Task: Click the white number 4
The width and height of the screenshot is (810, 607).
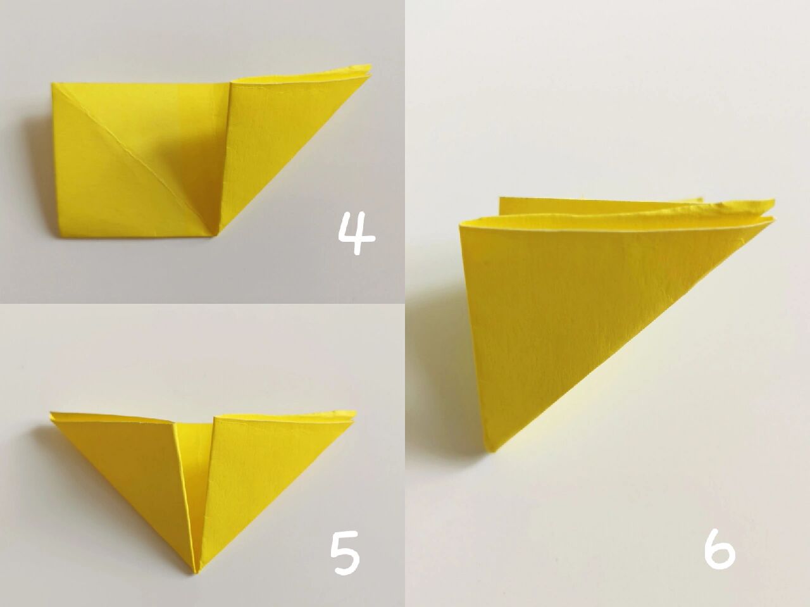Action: point(356,233)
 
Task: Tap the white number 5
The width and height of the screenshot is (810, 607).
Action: point(345,555)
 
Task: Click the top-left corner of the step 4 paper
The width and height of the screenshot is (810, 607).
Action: point(52,84)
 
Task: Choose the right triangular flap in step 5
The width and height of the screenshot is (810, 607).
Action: point(258,468)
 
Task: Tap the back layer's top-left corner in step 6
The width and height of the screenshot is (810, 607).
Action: point(500,199)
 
